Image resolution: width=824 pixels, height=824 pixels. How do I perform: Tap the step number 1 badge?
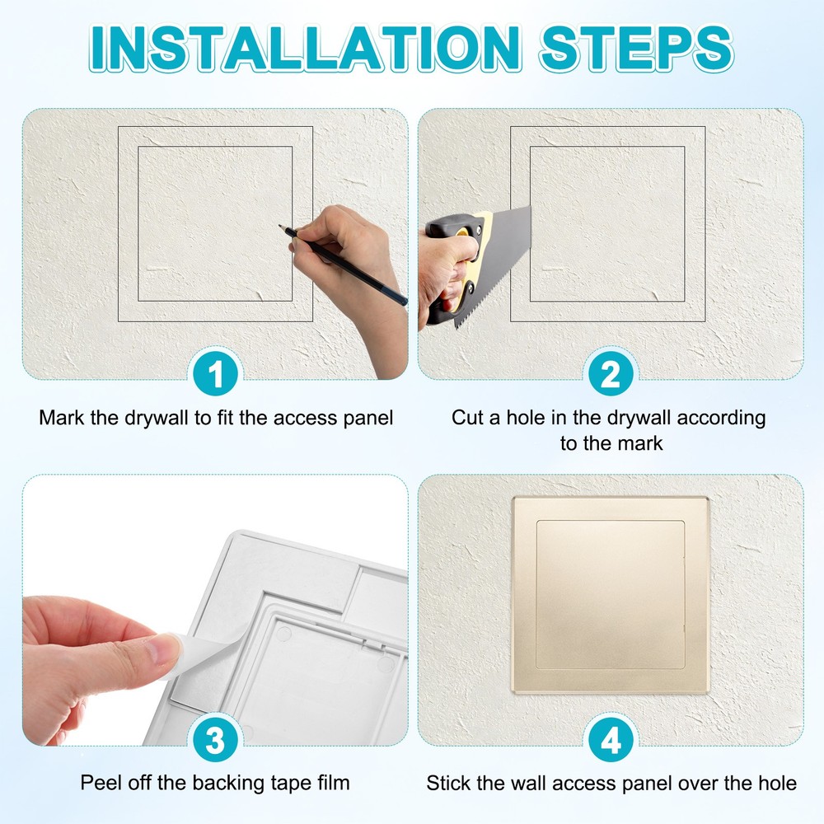coord(215,376)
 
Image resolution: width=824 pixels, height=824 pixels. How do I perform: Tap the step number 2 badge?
coord(611,376)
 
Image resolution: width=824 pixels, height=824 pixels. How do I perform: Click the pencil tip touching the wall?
coord(282,226)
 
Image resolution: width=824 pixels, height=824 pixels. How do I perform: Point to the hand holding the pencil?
coord(346,247)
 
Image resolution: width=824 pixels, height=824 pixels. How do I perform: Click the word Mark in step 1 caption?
coord(61,418)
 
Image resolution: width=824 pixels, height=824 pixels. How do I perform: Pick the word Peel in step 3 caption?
coord(99,783)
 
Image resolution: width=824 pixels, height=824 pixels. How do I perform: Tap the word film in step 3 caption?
coord(333,783)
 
